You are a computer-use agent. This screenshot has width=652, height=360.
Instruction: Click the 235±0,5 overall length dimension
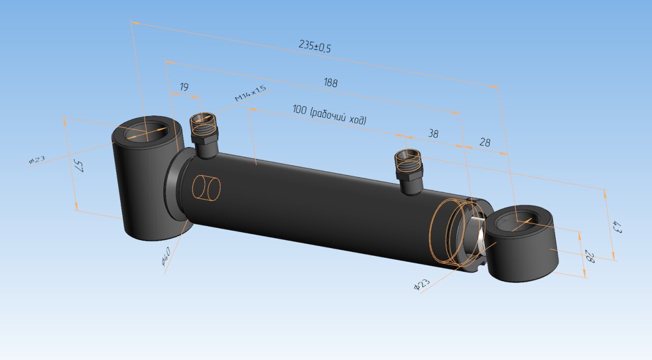pos(315,46)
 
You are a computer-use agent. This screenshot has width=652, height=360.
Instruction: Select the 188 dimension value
pos(331,82)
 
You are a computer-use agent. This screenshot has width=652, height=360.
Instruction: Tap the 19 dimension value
pos(184,87)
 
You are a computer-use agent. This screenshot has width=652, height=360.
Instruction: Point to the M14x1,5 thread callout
pos(250,93)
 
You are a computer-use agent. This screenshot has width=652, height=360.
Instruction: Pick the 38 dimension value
pos(433,133)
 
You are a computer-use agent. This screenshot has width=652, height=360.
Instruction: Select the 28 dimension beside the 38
pos(484,142)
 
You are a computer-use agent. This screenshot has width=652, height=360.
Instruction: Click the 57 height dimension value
pos(78,165)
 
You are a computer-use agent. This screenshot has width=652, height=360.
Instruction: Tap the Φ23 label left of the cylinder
pos(37,159)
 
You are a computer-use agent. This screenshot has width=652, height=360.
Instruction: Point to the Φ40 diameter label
pos(166,257)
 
